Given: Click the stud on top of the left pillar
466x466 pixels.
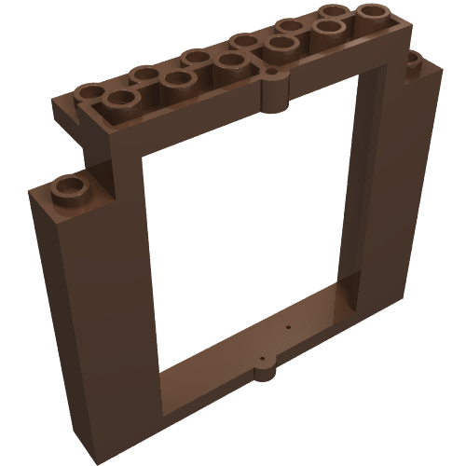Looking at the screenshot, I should [70, 187].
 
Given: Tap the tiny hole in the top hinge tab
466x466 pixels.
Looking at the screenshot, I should [270, 71].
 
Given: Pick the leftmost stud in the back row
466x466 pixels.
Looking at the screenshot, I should [91, 92].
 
